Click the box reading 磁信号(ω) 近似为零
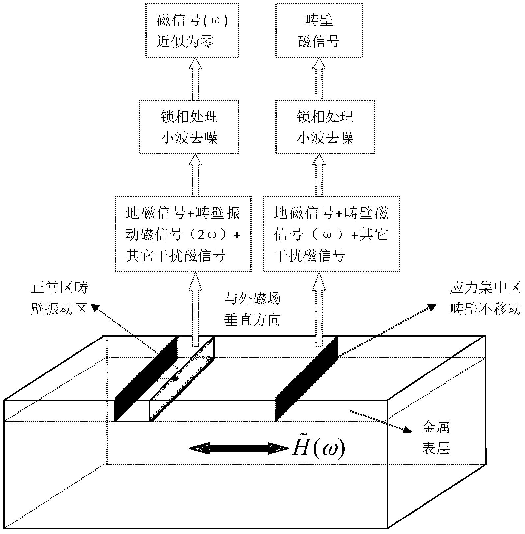click(192, 31)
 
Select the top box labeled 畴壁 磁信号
click(319, 31)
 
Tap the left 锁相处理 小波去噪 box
click(190, 127)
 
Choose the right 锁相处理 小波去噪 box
click(325, 127)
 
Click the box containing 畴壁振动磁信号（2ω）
click(183, 234)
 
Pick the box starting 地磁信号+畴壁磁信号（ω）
click(331, 234)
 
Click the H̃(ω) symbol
click(318, 448)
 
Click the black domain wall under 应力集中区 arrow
click(306, 379)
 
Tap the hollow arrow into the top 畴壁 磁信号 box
click(319, 79)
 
